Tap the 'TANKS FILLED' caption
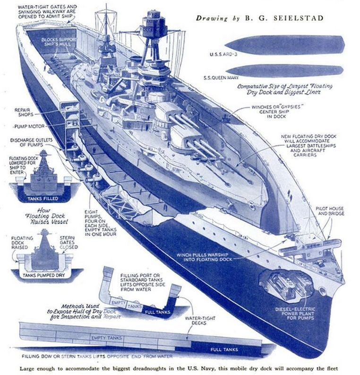(43, 198)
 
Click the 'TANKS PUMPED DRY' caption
(43, 274)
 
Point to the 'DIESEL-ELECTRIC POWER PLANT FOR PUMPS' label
(311, 313)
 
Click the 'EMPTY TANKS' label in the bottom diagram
(107, 338)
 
